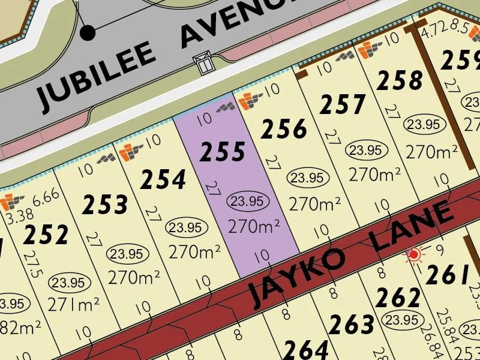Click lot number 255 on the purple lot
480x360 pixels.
(223, 152)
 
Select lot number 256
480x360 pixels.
(285, 129)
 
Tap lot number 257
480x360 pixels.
(343, 105)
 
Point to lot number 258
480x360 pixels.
(400, 80)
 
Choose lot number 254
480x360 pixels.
(163, 179)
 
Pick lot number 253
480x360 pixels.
(105, 205)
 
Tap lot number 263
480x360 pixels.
(352, 324)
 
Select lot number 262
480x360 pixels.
(398, 296)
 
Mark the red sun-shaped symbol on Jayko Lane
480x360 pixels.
(413, 255)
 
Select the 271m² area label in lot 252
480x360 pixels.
(74, 305)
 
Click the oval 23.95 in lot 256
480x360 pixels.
(308, 178)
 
